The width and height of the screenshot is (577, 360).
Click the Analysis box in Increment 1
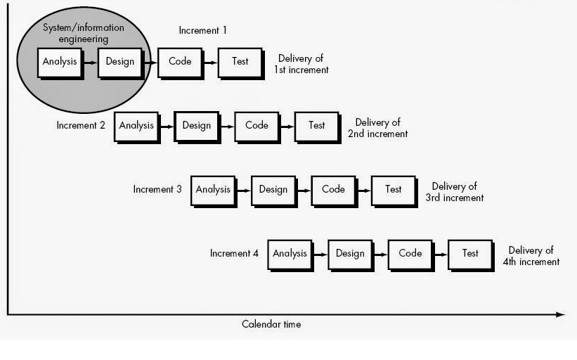(59, 62)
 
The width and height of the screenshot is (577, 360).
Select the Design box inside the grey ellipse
(119, 62)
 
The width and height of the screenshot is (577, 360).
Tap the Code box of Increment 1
(180, 62)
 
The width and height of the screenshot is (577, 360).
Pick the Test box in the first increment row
(240, 62)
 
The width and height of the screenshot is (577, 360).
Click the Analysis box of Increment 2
(136, 126)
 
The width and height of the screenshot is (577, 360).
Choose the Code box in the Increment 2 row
(257, 126)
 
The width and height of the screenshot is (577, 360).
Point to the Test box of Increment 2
(317, 126)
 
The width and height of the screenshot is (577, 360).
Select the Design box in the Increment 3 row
(273, 190)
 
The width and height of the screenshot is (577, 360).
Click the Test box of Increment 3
(394, 190)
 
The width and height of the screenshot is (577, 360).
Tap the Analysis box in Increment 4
(290, 254)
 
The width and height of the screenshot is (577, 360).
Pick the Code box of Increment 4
(410, 254)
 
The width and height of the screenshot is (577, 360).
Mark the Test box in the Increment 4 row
(470, 254)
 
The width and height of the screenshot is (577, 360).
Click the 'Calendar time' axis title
(271, 324)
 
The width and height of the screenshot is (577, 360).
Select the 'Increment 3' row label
(157, 189)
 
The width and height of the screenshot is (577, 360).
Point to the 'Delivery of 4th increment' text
(531, 256)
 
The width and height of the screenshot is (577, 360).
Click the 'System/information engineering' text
(84, 34)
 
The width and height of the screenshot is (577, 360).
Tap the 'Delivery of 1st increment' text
(302, 64)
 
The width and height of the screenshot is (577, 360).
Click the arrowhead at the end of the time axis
(560, 314)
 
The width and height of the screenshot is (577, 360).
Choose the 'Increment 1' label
(203, 30)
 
